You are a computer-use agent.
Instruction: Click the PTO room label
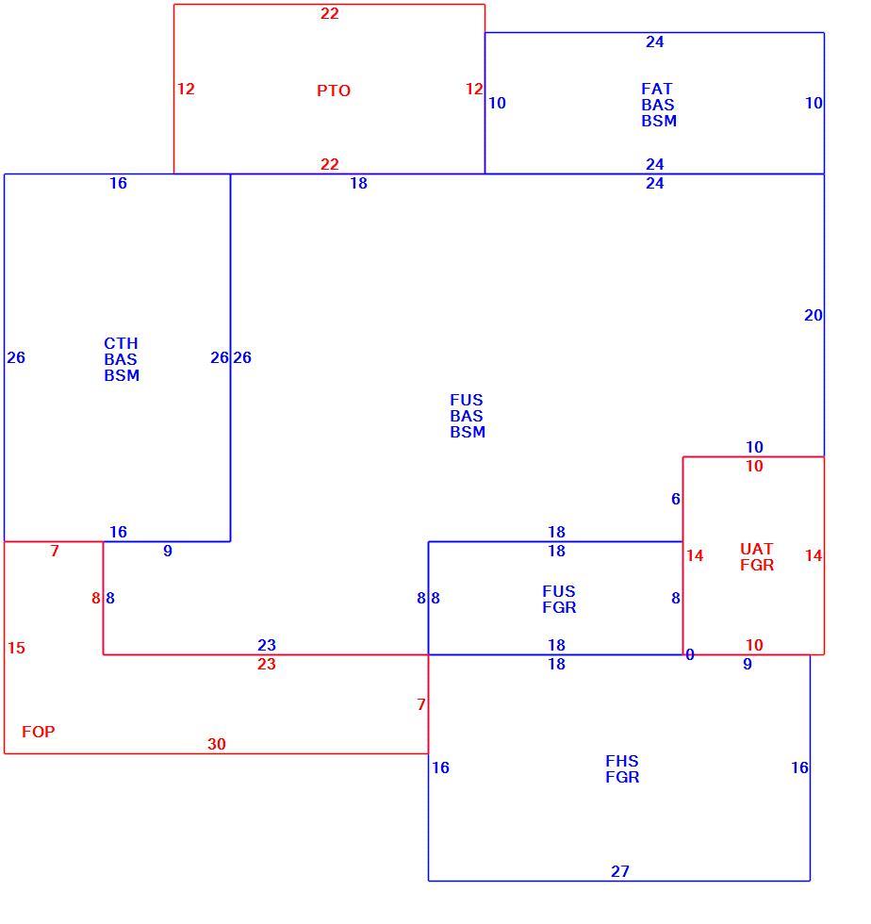[334, 91]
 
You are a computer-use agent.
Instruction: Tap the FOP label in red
[39, 732]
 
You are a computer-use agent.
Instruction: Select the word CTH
[121, 343]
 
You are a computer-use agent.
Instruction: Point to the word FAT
[657, 89]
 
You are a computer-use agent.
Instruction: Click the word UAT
[756, 549]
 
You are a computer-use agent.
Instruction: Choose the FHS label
[622, 761]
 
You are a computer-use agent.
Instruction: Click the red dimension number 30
[216, 744]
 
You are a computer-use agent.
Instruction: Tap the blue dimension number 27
[620, 871]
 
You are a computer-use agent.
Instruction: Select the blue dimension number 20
[813, 315]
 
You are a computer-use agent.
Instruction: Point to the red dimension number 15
[17, 649]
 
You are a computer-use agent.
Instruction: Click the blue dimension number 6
[675, 499]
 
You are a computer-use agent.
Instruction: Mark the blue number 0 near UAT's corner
[689, 654]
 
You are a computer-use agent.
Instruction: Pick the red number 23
[267, 664]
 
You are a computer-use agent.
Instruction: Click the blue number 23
[267, 645]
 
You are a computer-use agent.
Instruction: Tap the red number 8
[96, 598]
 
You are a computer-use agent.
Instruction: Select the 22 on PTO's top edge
[329, 13]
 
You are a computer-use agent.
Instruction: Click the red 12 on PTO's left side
[186, 89]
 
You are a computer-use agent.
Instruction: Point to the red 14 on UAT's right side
[813, 555]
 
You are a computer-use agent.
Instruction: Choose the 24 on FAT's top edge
[655, 41]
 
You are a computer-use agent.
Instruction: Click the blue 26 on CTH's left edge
[16, 357]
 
